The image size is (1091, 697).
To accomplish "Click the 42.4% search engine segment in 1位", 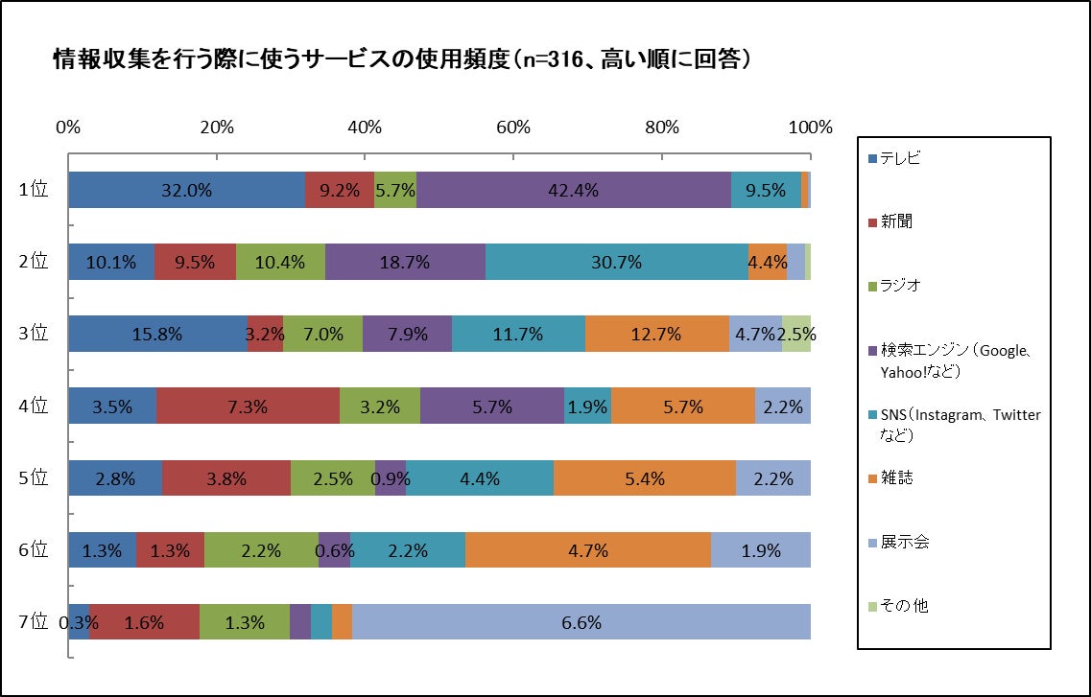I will pos(574,190).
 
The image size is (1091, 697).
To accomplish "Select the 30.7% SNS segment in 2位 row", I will pos(617,262).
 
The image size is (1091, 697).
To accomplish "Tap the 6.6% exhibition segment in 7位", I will pos(581,622).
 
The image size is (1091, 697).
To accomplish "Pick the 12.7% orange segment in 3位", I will pos(656,334).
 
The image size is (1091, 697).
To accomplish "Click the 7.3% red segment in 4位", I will pos(248,407).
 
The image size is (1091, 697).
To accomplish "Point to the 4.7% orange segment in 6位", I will pos(588,550).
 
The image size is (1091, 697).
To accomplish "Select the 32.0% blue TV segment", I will pos(186,190).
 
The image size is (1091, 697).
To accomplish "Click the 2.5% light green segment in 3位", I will pos(796,334).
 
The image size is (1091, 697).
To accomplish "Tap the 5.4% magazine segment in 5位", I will pos(644,478).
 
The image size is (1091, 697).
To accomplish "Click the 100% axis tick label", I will pos(812,128).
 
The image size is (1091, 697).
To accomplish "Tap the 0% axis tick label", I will pos(67,128).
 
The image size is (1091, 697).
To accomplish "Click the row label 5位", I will pos(33,478).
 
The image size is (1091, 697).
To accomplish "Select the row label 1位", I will pos(33,190).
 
